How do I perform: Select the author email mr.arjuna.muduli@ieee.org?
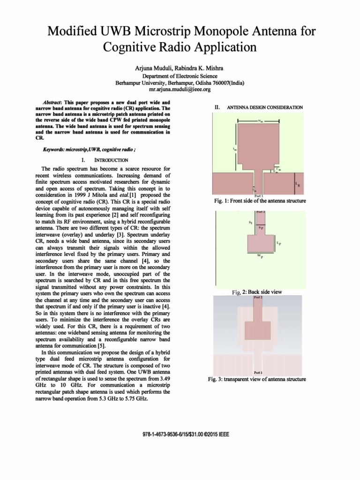coord(180,89)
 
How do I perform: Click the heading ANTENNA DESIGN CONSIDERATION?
coord(264,107)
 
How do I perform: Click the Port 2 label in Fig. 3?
coord(258,297)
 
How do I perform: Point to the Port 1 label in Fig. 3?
coord(257,373)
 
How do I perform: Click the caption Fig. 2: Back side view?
coord(257,292)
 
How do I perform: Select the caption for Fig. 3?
coord(257,379)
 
